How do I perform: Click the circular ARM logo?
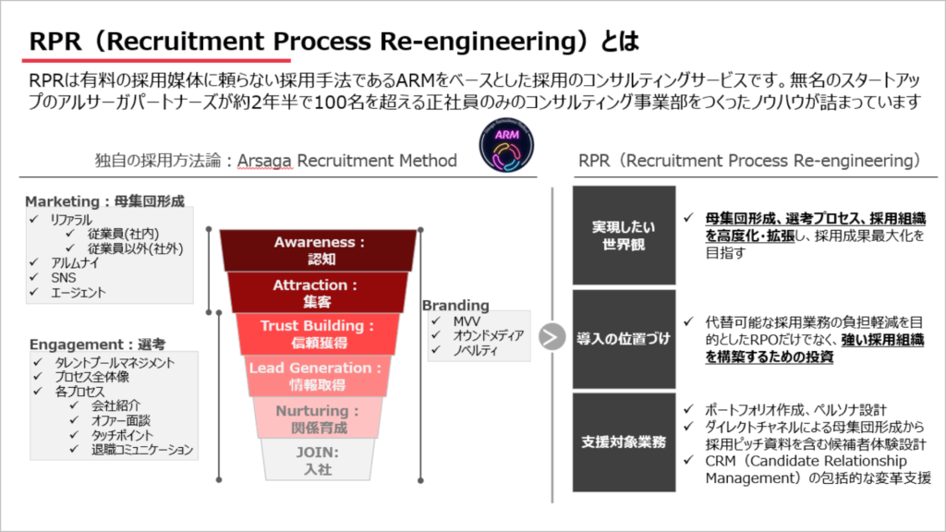click(506, 146)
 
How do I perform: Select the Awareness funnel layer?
click(319, 250)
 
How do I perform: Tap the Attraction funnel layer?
click(319, 293)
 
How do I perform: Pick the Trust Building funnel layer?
click(319, 333)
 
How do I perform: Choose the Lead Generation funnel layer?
click(319, 376)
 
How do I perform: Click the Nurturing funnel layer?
click(319, 417)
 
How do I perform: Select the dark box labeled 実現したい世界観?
click(616, 236)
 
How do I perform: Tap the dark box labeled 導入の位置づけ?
click(616, 339)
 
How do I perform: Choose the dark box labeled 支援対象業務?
click(616, 441)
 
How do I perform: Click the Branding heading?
click(455, 306)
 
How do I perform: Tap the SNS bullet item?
click(65, 278)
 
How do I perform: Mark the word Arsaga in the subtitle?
click(267, 161)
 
